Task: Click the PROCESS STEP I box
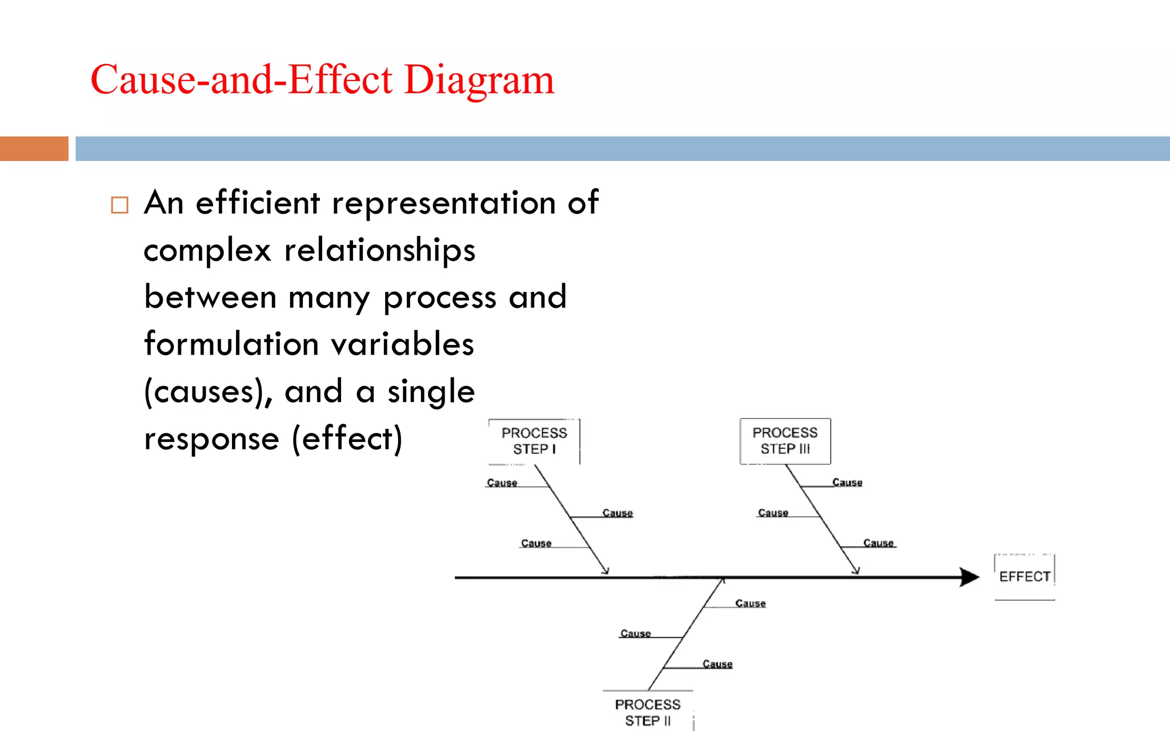click(x=534, y=441)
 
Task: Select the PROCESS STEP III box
click(x=785, y=441)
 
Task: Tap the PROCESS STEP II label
click(x=648, y=712)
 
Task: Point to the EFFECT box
click(x=1024, y=576)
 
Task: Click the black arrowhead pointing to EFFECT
click(x=969, y=577)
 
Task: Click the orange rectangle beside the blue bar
click(x=34, y=148)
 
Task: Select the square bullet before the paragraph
click(x=119, y=205)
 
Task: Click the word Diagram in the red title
click(x=479, y=79)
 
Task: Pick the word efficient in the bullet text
click(x=258, y=203)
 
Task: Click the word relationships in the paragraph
click(x=379, y=250)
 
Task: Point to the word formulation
click(x=231, y=344)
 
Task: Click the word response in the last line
click(x=211, y=439)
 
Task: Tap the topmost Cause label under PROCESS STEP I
click(x=502, y=483)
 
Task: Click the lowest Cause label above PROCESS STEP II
click(x=717, y=664)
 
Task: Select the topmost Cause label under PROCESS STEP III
click(x=847, y=483)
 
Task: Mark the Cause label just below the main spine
click(x=750, y=603)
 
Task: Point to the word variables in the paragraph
click(x=402, y=344)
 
